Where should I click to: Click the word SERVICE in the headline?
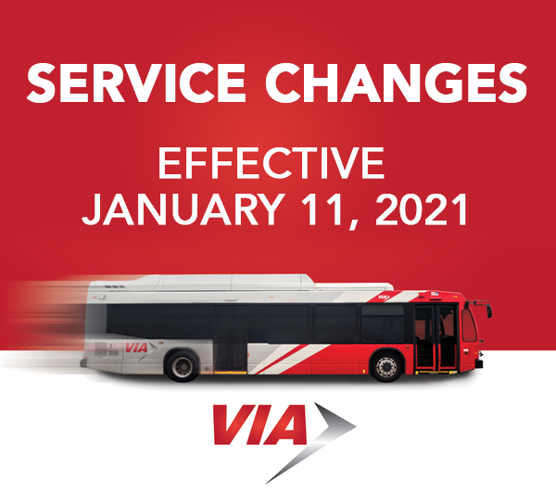pos(136,83)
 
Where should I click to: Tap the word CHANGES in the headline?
pos(396,83)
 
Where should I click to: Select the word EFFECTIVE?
pos(272,163)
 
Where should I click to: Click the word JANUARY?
pos(183,209)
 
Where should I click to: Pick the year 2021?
pos(422,209)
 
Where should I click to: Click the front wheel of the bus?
pos(386,367)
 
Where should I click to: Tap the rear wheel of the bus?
pos(183,367)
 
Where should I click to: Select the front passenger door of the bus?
pos(436,338)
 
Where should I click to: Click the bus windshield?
pos(469,325)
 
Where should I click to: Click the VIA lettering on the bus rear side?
pos(136,348)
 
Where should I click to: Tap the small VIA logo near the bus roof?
pos(384,298)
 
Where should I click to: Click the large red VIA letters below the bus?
pos(259,424)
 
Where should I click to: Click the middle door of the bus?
pos(231,338)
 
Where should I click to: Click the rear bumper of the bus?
pos(83,362)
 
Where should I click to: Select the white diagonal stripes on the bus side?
pos(289,358)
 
